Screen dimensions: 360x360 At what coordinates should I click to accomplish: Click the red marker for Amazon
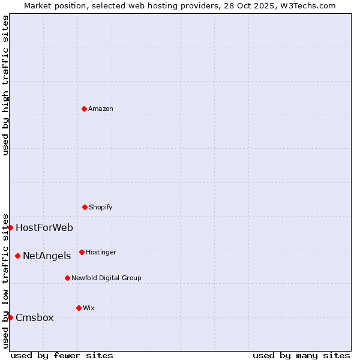84,109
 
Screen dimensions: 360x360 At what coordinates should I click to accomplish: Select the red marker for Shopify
85,207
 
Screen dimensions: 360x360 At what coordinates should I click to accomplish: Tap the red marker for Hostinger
82,252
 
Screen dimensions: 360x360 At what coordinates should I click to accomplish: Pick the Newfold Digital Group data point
67,278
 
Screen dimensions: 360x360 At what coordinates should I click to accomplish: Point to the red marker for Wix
79,308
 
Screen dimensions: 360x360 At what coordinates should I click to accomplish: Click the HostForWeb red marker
10,227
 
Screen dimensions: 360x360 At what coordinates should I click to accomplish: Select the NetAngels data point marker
17,256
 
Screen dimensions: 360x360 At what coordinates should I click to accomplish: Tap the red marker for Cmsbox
10,317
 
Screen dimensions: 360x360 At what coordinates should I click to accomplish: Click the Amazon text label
101,109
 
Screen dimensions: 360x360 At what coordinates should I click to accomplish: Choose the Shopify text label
101,208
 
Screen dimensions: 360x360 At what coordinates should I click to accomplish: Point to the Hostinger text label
101,253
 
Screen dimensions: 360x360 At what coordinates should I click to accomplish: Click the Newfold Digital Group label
106,278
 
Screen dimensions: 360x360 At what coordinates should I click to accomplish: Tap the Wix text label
89,308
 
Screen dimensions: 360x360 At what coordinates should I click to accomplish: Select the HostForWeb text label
44,228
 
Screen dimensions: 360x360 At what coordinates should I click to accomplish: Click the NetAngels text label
47,256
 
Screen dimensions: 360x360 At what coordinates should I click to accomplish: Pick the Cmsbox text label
35,318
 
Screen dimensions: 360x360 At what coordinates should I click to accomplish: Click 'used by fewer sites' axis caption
62,355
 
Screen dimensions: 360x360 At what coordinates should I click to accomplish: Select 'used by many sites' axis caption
301,355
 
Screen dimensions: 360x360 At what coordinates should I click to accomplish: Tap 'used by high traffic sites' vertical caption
5,85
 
